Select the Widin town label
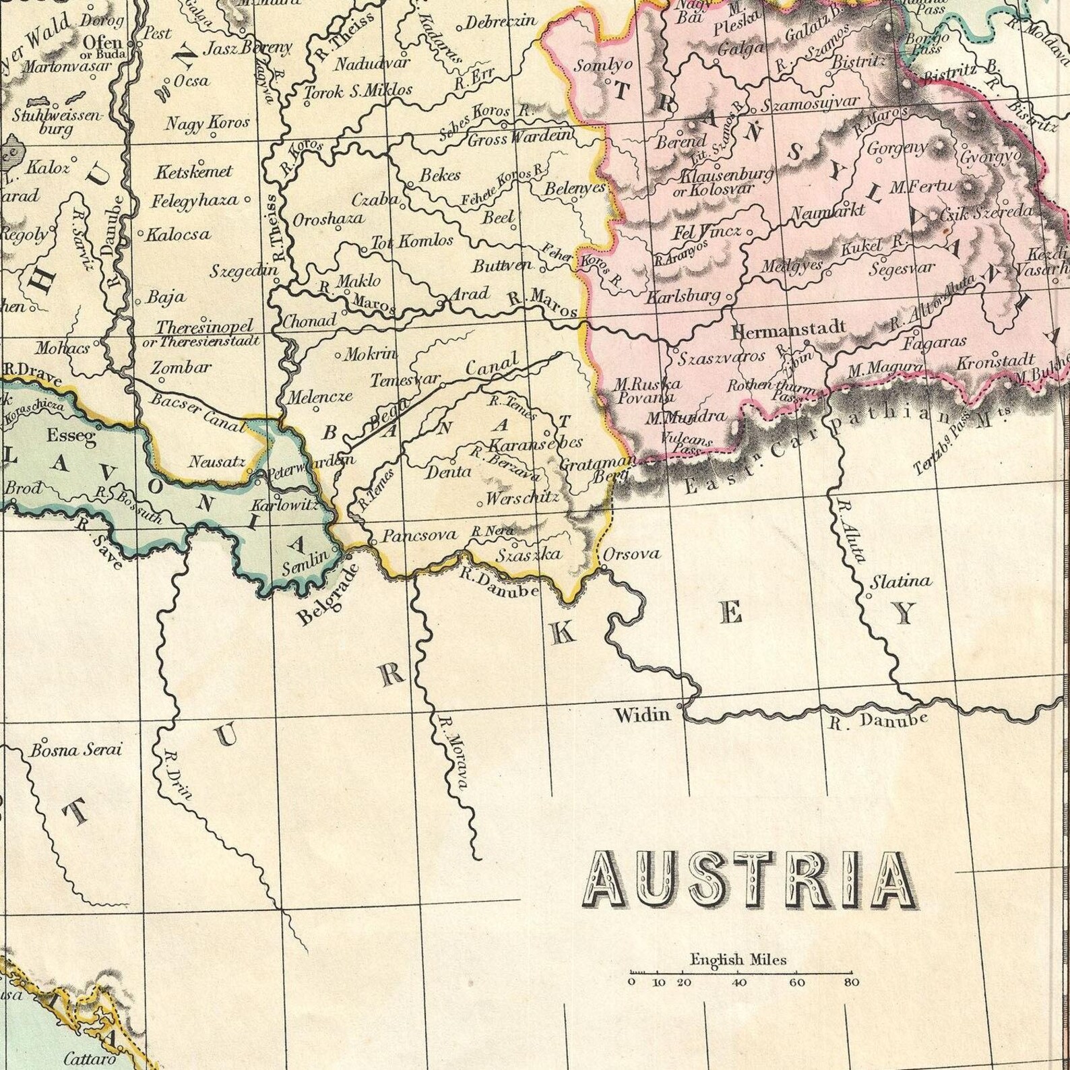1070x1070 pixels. (x=641, y=714)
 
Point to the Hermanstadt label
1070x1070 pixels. (x=788, y=330)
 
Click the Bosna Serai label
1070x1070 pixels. (x=75, y=750)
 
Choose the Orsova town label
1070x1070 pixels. (x=631, y=554)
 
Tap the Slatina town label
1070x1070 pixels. (x=902, y=581)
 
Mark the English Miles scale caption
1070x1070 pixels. (x=738, y=959)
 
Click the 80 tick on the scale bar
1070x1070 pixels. (x=851, y=982)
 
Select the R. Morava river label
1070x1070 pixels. (x=453, y=751)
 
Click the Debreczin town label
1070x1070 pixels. (x=501, y=22)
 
